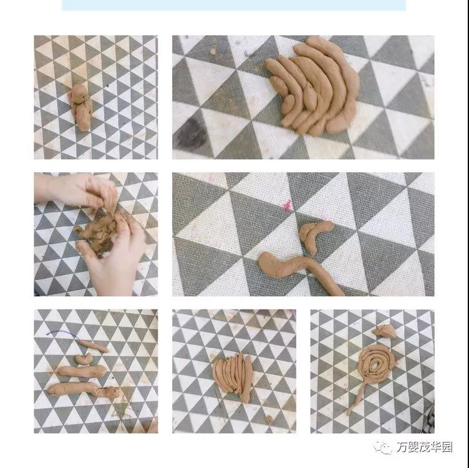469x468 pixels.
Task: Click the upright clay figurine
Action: click(81, 108)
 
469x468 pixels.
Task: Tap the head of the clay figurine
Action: click(79, 93)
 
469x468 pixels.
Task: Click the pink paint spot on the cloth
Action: click(288, 205)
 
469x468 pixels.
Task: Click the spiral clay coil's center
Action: click(374, 364)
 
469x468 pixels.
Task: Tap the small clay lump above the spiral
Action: click(385, 331)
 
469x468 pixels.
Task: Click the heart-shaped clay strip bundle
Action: click(233, 376)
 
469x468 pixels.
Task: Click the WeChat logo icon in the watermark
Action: click(382, 447)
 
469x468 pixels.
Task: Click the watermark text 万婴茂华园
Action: click(425, 447)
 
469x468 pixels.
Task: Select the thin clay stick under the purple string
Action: click(93, 346)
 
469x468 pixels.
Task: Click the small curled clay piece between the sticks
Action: click(84, 358)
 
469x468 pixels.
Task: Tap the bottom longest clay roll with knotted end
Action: click(84, 390)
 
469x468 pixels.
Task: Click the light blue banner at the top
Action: click(234, 5)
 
